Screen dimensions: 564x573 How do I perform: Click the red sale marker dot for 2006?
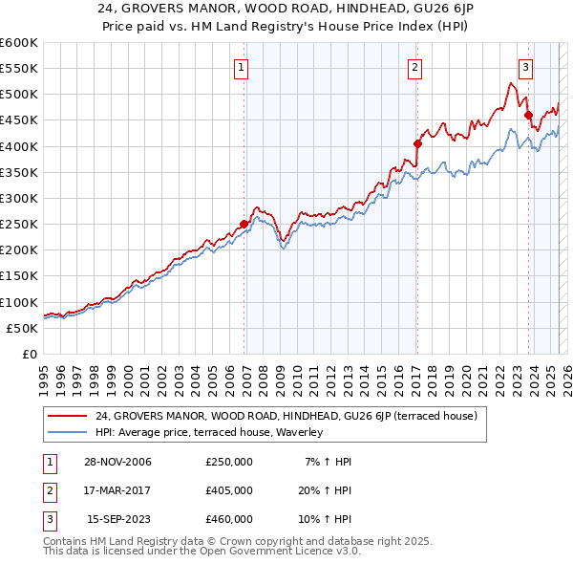[244, 224]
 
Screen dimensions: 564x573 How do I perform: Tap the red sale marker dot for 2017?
[417, 143]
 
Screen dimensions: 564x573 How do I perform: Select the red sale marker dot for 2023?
[528, 116]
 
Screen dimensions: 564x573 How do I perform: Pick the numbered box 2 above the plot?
[415, 68]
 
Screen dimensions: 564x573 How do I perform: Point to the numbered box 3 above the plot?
[525, 68]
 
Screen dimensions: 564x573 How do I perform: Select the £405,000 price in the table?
[228, 490]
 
